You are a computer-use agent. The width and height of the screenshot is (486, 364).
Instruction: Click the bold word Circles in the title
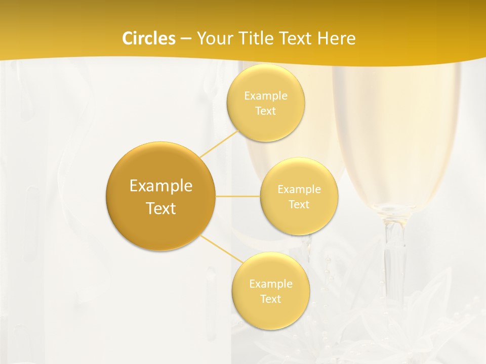point(149,38)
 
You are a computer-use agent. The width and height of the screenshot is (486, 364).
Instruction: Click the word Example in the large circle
point(160,186)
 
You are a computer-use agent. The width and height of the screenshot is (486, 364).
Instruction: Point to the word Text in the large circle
point(160,208)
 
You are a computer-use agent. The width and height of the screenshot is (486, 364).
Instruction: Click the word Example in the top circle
point(265,96)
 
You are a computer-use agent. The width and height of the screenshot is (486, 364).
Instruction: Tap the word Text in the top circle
point(265,111)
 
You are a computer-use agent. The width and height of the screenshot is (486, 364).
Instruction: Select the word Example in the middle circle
point(299,190)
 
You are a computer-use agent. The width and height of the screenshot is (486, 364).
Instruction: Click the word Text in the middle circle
point(299,204)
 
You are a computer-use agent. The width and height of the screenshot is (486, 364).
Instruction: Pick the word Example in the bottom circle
point(270,284)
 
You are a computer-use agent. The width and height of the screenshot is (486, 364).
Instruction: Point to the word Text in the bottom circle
point(270,299)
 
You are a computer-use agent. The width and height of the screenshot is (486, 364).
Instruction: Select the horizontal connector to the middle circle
point(238,196)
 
